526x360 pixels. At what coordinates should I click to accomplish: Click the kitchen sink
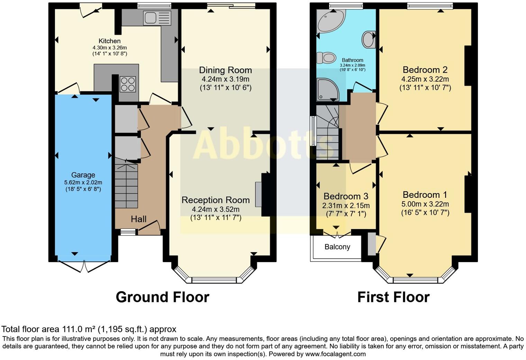point(157,18)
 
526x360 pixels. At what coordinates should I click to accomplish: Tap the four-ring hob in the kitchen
point(128,84)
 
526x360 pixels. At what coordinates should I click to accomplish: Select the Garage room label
point(83,175)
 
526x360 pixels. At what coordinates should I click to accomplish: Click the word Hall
point(138,219)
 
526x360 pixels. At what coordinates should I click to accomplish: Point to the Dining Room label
point(225,70)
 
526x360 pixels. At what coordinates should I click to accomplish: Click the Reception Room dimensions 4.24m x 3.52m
point(216,209)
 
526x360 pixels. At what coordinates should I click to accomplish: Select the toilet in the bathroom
point(326,58)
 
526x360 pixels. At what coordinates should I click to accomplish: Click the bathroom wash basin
point(369,40)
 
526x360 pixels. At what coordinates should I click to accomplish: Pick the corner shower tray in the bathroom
point(328,90)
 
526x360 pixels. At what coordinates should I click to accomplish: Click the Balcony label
point(337,247)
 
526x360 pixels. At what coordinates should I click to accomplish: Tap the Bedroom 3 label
point(346,196)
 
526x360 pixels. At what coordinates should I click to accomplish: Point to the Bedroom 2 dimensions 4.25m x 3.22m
point(425,79)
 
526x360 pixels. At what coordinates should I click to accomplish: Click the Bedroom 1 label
point(425,195)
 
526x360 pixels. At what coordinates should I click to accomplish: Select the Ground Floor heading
point(163,297)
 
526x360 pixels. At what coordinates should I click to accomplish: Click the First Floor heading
point(393,297)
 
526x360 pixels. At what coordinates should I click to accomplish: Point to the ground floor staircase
point(126,185)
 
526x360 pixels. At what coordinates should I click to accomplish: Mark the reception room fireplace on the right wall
point(265,194)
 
